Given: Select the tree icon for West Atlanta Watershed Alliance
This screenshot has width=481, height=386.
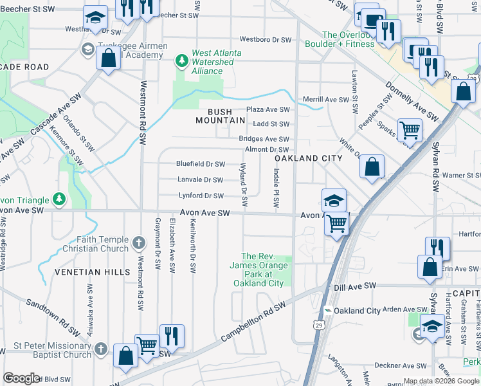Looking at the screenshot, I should (x=182, y=60).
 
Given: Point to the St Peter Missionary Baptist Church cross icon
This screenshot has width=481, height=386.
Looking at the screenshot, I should (x=100, y=349).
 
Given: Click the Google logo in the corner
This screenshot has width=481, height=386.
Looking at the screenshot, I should (x=21, y=378).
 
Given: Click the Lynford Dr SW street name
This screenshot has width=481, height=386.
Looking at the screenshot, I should (x=201, y=196).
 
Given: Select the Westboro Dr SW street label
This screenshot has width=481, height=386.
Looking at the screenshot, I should (x=266, y=40).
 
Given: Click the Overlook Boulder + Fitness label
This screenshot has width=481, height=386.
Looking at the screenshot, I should (x=348, y=39).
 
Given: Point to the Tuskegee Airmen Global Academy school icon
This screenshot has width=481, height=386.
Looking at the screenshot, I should (x=87, y=49).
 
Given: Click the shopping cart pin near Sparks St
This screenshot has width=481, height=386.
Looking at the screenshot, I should (x=409, y=130).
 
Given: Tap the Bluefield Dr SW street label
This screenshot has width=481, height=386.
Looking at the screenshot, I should (x=201, y=164).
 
